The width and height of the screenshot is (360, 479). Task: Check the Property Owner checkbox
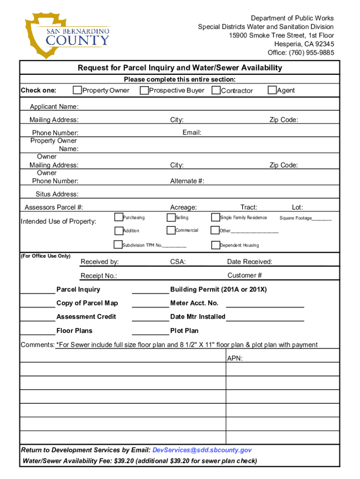click(x=77, y=90)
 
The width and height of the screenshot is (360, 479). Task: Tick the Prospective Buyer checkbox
click(x=144, y=90)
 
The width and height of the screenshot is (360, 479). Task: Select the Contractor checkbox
click(x=216, y=90)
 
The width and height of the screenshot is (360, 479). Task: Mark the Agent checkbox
click(x=272, y=90)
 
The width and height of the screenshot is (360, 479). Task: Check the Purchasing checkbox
click(x=118, y=217)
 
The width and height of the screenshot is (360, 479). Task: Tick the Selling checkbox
click(x=171, y=217)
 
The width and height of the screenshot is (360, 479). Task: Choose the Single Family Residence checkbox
click(x=216, y=217)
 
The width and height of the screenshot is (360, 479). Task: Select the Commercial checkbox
click(x=171, y=230)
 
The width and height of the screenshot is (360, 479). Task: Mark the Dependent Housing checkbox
click(x=216, y=245)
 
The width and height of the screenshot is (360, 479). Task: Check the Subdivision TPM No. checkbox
click(x=118, y=244)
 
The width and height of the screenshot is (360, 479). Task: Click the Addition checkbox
click(x=118, y=230)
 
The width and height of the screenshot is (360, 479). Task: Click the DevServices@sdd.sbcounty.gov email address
click(x=202, y=450)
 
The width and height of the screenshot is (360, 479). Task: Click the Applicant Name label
click(x=54, y=107)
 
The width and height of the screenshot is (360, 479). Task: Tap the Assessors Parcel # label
click(x=54, y=207)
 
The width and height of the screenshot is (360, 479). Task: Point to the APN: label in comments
click(x=235, y=359)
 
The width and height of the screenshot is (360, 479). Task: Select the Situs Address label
click(x=57, y=194)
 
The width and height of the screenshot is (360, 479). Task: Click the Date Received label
click(x=249, y=261)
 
